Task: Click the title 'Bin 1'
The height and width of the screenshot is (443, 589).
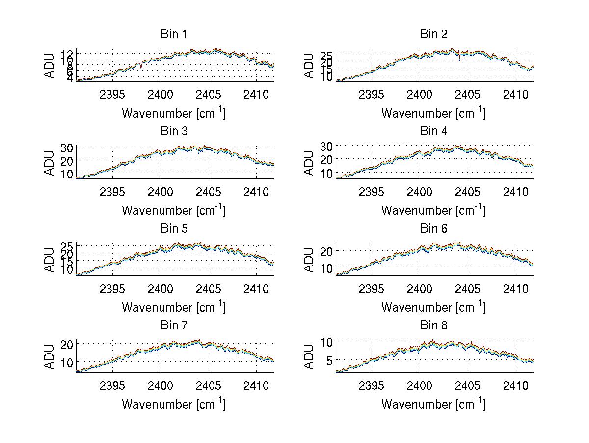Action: coord(174,34)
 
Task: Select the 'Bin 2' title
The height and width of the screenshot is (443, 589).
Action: coord(434,34)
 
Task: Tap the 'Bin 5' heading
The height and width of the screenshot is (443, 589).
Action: coord(174,229)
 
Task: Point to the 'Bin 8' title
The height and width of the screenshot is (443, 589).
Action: coord(434,325)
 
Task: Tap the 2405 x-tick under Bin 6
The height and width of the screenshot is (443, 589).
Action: coord(468,288)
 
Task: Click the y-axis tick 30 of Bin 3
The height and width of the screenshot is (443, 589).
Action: coord(67,148)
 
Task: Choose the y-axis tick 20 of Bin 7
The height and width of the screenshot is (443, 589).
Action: coord(67,344)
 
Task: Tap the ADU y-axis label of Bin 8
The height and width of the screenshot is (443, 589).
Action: coord(309,356)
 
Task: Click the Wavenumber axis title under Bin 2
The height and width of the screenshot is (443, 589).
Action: coord(433,113)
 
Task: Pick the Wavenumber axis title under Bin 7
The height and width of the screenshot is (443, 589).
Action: coord(174,404)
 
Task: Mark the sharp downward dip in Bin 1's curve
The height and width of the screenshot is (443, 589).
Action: coord(141,66)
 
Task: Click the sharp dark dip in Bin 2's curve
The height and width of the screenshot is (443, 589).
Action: coord(459,58)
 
